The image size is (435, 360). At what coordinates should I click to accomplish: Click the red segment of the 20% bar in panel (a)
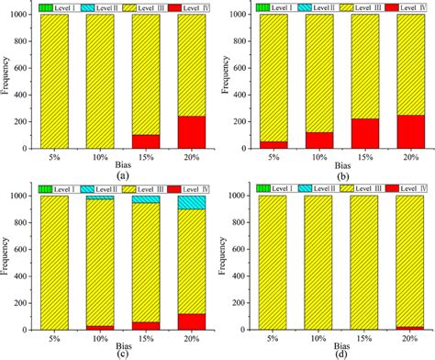pyautogui.click(x=192, y=132)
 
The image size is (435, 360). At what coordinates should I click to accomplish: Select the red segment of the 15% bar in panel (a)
pyautogui.click(x=147, y=141)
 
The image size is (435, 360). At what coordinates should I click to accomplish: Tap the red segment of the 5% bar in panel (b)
pyautogui.click(x=273, y=144)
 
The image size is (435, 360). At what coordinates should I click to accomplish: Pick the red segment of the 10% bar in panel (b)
pyautogui.click(x=318, y=140)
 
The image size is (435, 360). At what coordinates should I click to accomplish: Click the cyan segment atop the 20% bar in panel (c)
pyautogui.click(x=192, y=202)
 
